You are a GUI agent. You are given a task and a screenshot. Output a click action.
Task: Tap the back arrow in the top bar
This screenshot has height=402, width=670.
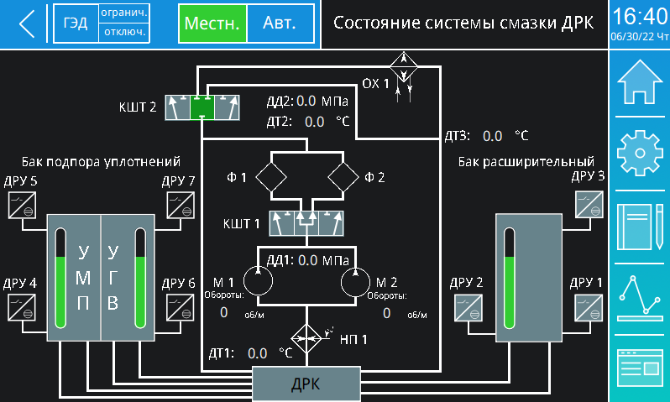(x=27, y=23)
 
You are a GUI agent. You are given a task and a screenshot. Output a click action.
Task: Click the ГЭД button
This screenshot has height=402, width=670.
(x=76, y=23)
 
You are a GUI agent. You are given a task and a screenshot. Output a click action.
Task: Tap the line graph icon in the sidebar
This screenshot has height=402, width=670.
(x=640, y=299)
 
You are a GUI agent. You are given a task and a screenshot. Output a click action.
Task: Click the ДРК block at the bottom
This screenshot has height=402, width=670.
(x=306, y=384)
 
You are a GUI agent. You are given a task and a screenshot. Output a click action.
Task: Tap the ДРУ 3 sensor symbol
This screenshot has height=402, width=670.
(x=589, y=205)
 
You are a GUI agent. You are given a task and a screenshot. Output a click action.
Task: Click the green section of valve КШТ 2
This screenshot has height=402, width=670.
(x=202, y=107)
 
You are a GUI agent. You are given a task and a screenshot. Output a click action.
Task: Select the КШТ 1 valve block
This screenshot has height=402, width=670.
(x=305, y=224)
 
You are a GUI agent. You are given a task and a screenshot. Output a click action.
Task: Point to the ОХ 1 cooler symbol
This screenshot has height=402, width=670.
(x=406, y=65)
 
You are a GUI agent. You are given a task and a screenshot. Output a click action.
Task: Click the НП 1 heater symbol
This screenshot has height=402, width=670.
(x=307, y=339)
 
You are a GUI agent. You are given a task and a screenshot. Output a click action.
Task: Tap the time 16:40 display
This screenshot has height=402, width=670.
(x=639, y=17)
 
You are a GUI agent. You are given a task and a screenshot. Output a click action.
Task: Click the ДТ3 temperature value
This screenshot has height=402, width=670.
(x=492, y=135)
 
